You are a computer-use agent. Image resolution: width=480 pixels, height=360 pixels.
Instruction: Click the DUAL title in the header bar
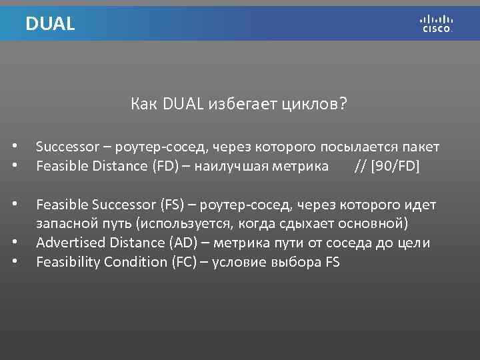click(50, 24)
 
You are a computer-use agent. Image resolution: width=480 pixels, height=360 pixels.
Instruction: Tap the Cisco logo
click(437, 24)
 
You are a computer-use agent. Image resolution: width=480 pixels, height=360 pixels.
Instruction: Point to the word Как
click(144, 104)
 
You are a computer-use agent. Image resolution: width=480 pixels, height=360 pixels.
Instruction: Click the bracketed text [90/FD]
click(395, 165)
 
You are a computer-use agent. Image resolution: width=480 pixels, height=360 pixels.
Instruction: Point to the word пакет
click(420, 146)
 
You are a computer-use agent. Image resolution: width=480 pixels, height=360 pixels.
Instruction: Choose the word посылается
click(357, 146)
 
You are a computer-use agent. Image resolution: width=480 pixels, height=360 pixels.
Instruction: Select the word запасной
click(63, 223)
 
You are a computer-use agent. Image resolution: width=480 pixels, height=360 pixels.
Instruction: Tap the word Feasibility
click(65, 262)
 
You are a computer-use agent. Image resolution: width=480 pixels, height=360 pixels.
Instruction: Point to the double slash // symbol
click(360, 165)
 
